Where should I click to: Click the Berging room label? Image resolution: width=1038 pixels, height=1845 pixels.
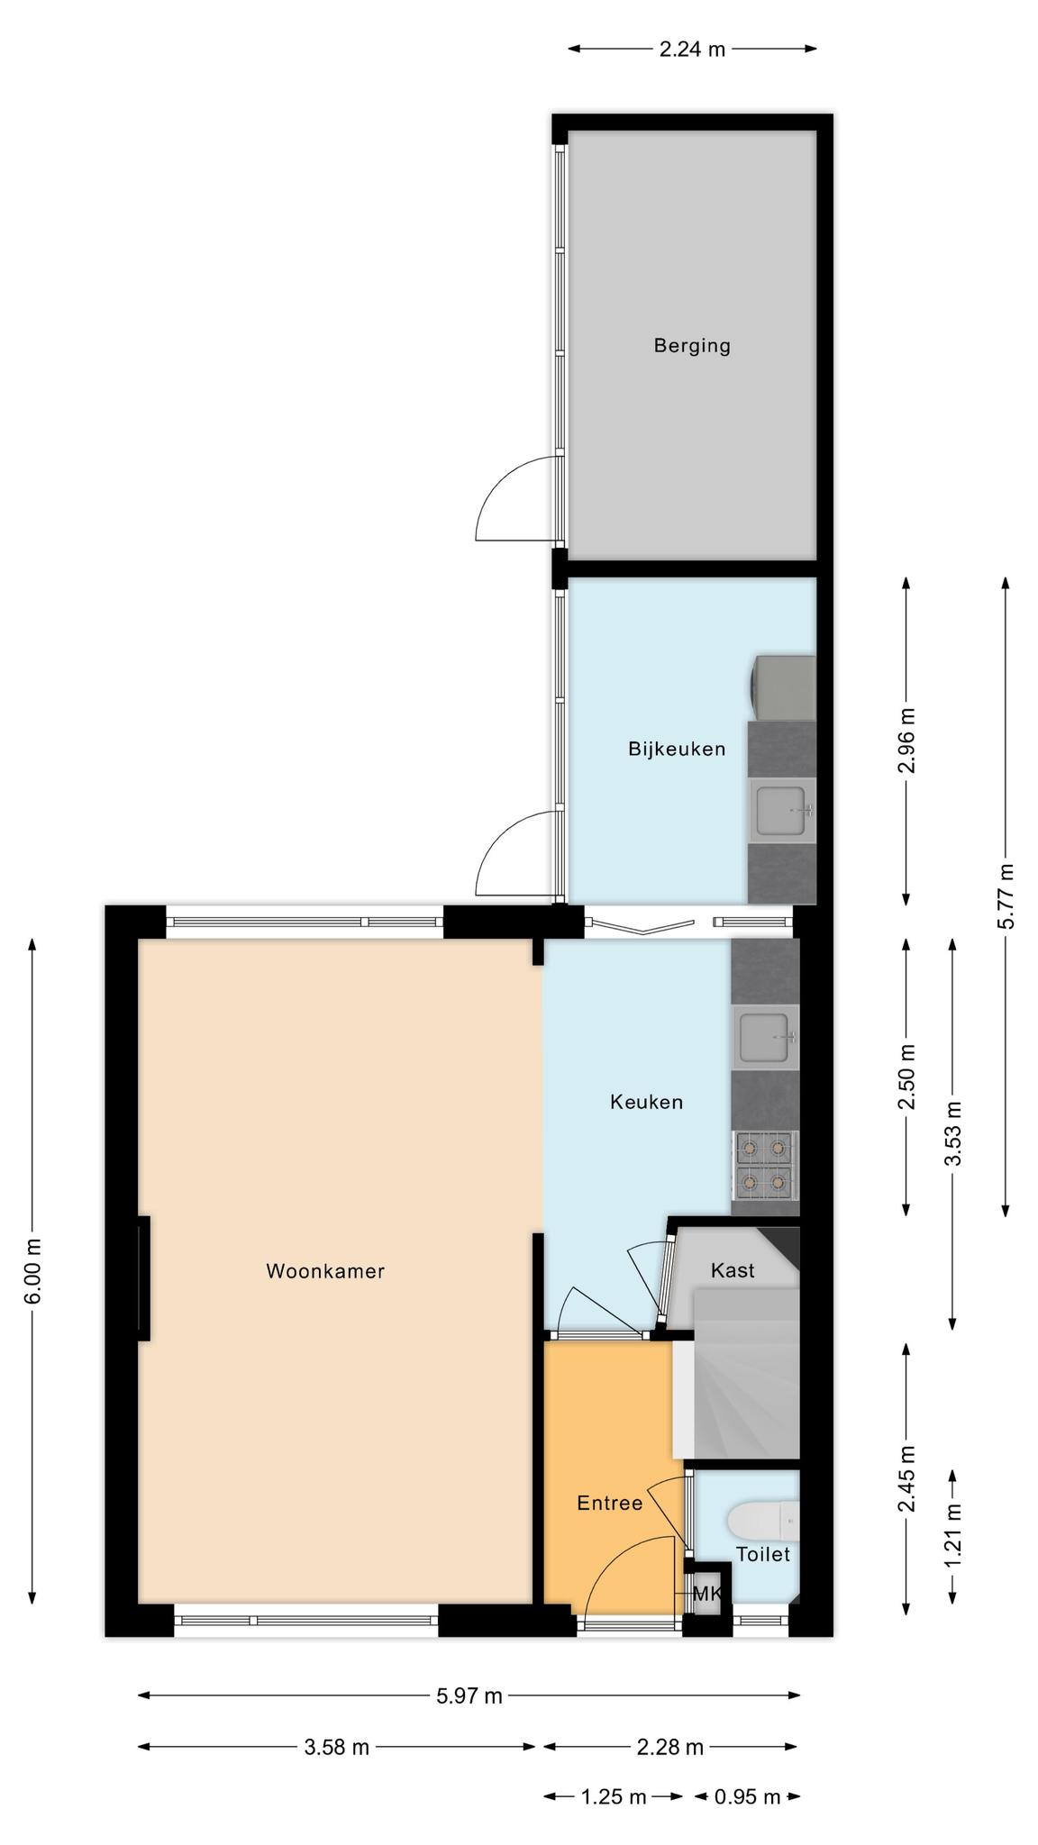(x=692, y=345)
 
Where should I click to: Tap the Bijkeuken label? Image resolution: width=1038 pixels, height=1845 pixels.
(x=677, y=749)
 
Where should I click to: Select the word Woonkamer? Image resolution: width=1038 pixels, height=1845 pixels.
(x=325, y=1271)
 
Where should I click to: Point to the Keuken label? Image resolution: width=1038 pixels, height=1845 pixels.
(x=646, y=1102)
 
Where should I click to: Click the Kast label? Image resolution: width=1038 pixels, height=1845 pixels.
(x=733, y=1270)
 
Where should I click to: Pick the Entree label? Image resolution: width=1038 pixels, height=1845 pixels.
(x=610, y=1503)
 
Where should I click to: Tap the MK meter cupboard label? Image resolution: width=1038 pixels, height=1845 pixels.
(x=707, y=1594)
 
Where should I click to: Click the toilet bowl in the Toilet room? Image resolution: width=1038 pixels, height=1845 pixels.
(x=762, y=1521)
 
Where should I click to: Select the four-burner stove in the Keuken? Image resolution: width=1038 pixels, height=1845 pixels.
(x=766, y=1166)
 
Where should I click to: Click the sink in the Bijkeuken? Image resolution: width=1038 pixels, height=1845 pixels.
(x=782, y=811)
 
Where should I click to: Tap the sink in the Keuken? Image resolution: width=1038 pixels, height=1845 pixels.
(x=766, y=1037)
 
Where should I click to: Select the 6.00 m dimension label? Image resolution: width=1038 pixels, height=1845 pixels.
(x=32, y=1271)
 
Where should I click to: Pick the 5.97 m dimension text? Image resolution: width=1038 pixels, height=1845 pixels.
(x=469, y=1696)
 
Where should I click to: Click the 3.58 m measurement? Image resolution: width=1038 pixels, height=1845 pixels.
(x=336, y=1748)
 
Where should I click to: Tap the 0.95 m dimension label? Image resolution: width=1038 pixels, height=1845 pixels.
(x=747, y=1797)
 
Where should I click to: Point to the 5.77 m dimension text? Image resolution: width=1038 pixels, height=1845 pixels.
(x=1006, y=896)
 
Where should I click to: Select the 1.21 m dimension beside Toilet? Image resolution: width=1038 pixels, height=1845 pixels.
(x=953, y=1534)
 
